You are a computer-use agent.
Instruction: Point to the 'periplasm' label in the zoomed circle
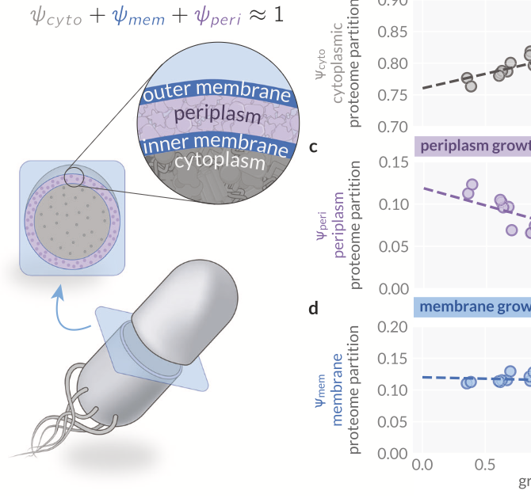click(216, 116)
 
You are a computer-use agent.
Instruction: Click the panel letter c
click(314, 146)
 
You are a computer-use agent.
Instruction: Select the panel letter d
click(314, 307)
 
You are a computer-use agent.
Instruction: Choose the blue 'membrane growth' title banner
click(472, 306)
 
